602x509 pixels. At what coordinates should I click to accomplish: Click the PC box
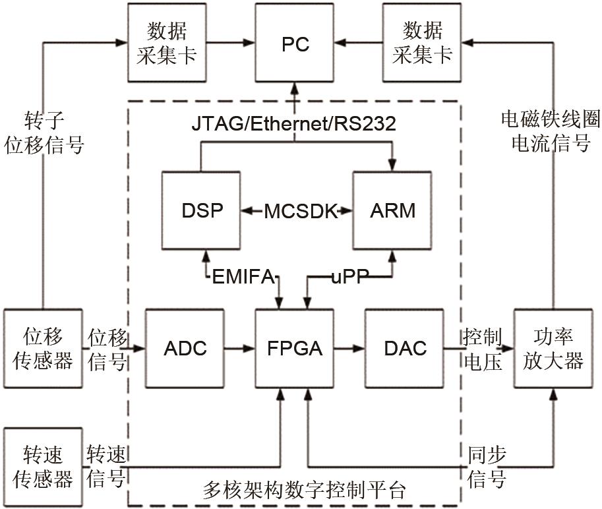click(295, 44)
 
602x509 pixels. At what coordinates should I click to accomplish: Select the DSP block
click(202, 211)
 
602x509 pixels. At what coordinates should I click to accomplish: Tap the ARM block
click(393, 211)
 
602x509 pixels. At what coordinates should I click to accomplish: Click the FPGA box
click(295, 348)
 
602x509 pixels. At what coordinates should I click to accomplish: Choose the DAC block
click(404, 348)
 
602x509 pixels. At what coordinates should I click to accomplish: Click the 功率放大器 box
click(553, 348)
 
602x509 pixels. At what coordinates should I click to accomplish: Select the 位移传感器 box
click(44, 348)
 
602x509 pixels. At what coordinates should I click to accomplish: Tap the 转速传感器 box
click(44, 467)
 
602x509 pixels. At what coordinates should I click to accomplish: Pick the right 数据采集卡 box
click(422, 42)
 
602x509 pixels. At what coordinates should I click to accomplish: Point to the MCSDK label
click(297, 211)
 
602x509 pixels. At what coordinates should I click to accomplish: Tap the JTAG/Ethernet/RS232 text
click(294, 123)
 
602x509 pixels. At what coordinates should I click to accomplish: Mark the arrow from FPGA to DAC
click(349, 348)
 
